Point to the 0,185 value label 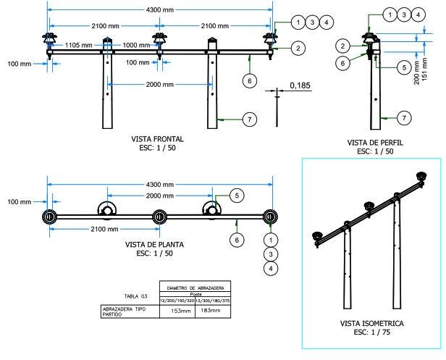[299, 85]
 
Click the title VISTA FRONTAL [158, 138]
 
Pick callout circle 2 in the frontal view [298, 48]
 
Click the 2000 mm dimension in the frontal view [159, 85]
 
